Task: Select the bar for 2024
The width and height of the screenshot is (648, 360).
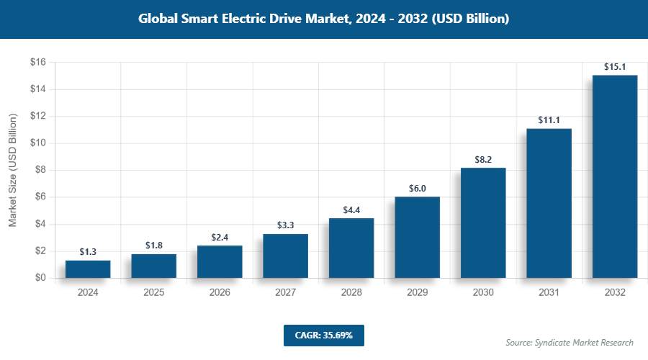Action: pyautogui.click(x=88, y=269)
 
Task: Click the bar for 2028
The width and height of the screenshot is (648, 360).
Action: pyautogui.click(x=351, y=248)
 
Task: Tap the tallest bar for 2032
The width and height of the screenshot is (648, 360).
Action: pyautogui.click(x=615, y=176)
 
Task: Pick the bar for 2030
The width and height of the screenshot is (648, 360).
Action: pyautogui.click(x=483, y=223)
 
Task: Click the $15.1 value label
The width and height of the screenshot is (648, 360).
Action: pyautogui.click(x=615, y=67)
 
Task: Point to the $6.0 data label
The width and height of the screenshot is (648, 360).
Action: pyautogui.click(x=418, y=189)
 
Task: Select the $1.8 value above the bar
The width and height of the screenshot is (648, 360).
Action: pyautogui.click(x=153, y=246)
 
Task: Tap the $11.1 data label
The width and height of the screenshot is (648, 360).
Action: pyautogui.click(x=549, y=120)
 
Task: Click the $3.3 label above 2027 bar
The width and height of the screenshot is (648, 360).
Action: pyautogui.click(x=286, y=225)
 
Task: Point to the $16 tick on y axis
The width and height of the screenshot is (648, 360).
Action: pyautogui.click(x=37, y=63)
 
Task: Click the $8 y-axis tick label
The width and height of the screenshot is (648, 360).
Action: pyautogui.click(x=40, y=170)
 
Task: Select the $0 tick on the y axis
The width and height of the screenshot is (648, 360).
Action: pyautogui.click(x=40, y=278)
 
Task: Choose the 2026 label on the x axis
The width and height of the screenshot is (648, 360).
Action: pyautogui.click(x=220, y=293)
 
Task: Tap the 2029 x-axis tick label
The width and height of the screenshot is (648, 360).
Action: pyautogui.click(x=418, y=293)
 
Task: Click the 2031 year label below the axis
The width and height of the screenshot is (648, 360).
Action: pyautogui.click(x=549, y=293)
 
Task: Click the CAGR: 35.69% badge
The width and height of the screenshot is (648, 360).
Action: pyautogui.click(x=323, y=336)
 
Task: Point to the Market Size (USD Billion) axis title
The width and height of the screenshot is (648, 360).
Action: pyautogui.click(x=13, y=170)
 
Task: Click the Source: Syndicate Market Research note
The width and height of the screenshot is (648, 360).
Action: pyautogui.click(x=569, y=343)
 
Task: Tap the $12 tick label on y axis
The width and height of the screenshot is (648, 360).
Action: pyautogui.click(x=37, y=116)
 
